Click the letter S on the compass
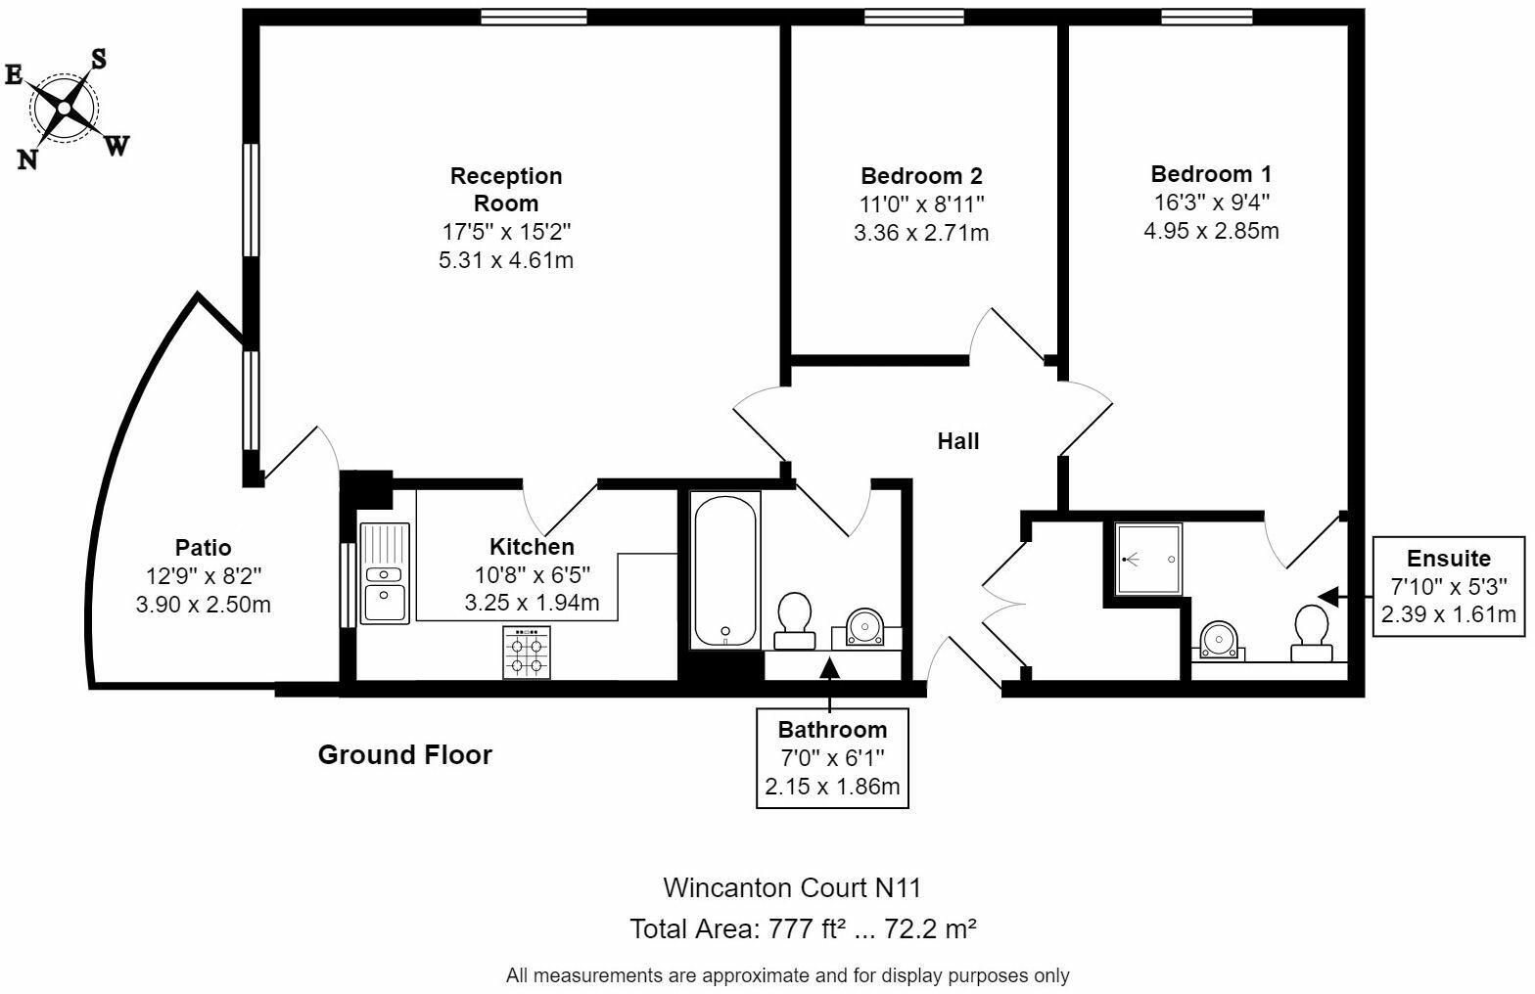pyautogui.click(x=99, y=59)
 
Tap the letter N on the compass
pyautogui.click(x=27, y=159)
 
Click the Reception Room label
pyautogui.click(x=506, y=189)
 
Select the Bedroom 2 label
pyautogui.click(x=921, y=176)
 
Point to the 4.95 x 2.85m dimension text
pyautogui.click(x=1211, y=231)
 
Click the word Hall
pyautogui.click(x=958, y=441)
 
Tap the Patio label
pyautogui.click(x=203, y=547)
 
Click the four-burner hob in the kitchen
pyautogui.click(x=527, y=653)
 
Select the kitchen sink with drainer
pyautogui.click(x=385, y=573)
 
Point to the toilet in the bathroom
pyautogui.click(x=794, y=620)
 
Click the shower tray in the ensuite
pyautogui.click(x=1147, y=559)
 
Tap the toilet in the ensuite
pyautogui.click(x=1312, y=634)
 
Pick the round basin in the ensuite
pyautogui.click(x=1219, y=640)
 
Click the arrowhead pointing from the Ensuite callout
pyautogui.click(x=1328, y=597)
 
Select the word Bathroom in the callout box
pyautogui.click(x=832, y=730)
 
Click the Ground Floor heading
pyautogui.click(x=405, y=755)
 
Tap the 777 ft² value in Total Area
pyautogui.click(x=805, y=928)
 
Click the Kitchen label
pyautogui.click(x=532, y=547)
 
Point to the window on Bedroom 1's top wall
pyautogui.click(x=1207, y=17)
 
